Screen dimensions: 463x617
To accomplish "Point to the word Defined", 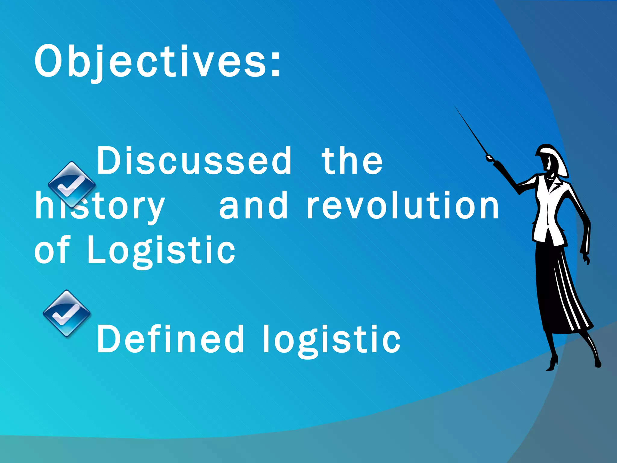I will point(170,339).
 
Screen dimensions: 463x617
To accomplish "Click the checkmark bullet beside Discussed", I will point(72,184).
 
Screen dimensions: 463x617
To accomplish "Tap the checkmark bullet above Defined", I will point(67,313).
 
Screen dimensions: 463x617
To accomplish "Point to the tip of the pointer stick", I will point(455,106).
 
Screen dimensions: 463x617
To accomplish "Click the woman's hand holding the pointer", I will point(489,158).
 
